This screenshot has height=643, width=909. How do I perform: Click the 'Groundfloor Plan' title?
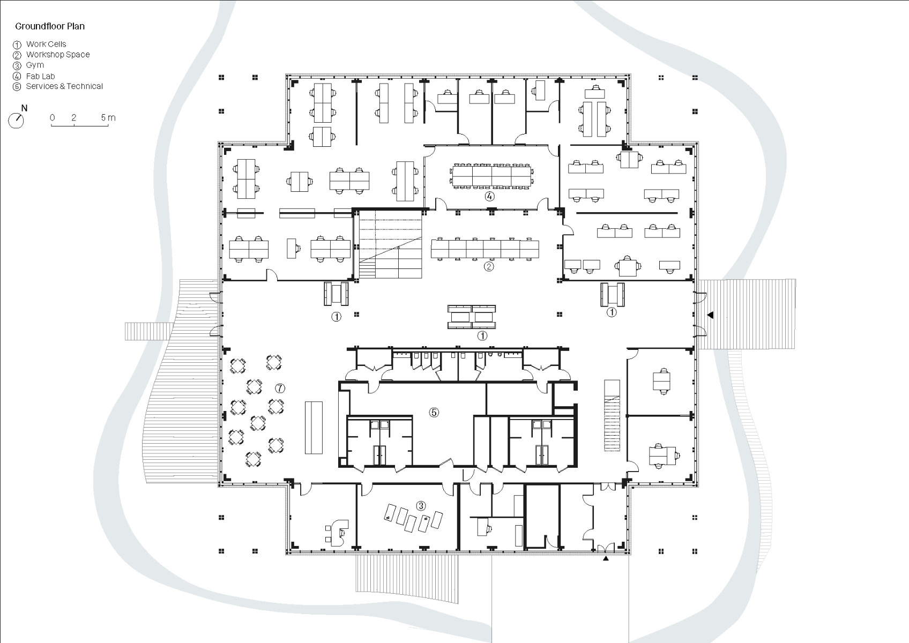tap(50, 26)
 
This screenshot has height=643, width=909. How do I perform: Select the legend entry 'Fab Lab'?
tap(40, 76)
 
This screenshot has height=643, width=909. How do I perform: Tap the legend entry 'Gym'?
tap(35, 65)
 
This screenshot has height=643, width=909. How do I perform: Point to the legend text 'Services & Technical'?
tap(64, 86)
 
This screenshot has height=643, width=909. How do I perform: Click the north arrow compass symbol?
tap(17, 120)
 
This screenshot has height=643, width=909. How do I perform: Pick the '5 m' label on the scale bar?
tap(108, 117)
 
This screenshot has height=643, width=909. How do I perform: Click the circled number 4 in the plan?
tap(489, 197)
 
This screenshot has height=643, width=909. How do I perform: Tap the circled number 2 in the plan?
tap(488, 266)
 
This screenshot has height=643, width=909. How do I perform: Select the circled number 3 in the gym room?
tap(421, 505)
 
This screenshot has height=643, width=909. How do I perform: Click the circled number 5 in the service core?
tap(434, 412)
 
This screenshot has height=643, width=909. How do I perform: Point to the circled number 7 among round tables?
tap(280, 388)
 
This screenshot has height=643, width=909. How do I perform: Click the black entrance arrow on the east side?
tap(710, 316)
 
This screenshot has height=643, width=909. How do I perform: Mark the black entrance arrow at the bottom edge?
tap(606, 559)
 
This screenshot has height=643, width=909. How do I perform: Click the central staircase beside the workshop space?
tap(391, 245)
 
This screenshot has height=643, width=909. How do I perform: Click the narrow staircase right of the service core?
tap(612, 416)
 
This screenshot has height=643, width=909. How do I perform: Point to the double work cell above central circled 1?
tap(472, 316)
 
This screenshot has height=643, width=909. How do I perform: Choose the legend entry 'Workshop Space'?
tap(58, 55)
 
